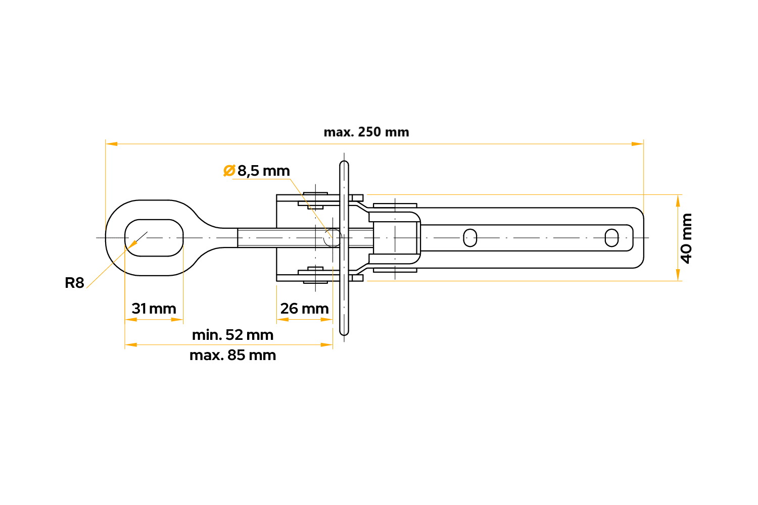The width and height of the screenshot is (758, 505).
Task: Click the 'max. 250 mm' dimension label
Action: coord(366,132)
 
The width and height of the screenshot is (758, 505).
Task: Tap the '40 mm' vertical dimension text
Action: coord(687,238)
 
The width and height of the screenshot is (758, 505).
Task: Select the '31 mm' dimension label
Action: coord(154,309)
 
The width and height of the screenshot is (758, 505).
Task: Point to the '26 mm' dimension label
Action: coord(305,309)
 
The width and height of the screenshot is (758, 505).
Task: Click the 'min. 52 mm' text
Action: coord(233,335)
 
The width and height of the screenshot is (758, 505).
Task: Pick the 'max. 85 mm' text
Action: coord(233,355)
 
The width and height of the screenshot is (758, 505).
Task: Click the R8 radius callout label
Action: coord(74,283)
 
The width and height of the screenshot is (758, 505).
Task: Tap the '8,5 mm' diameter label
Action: coord(264,171)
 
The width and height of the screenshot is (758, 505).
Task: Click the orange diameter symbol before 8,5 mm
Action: coord(229,171)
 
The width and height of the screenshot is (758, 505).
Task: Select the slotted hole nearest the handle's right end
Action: coord(611,238)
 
